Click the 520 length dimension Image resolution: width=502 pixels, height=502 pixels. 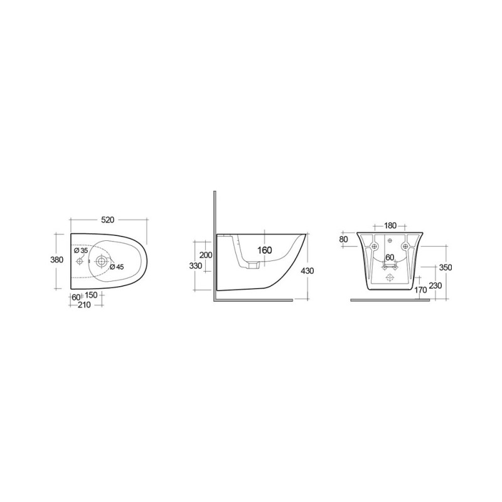(107, 220)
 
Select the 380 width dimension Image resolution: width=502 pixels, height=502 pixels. (56, 260)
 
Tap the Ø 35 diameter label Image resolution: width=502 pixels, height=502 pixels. (81, 250)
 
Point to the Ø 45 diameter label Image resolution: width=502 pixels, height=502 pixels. (117, 267)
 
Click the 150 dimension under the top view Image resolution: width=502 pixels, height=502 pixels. (91, 295)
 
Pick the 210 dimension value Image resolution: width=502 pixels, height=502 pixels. (85, 305)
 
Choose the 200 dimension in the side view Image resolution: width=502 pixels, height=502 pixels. (206, 255)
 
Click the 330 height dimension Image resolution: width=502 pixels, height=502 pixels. (196, 265)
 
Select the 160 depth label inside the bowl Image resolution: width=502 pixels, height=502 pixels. (265, 250)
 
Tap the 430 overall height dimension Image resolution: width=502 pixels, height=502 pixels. (307, 271)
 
